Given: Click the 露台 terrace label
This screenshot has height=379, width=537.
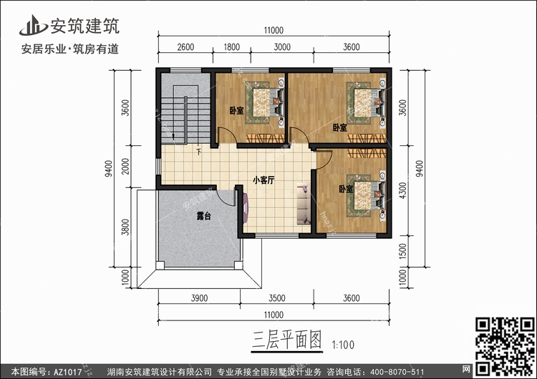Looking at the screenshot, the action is pos(203,216).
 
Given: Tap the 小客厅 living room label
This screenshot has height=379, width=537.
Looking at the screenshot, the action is pos(263,180).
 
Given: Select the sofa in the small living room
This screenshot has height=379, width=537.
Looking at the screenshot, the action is pos(304,205).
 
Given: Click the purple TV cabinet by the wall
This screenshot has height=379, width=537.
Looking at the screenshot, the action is pos(246,208).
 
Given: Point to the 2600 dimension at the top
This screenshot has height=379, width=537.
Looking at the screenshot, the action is pos(185,47).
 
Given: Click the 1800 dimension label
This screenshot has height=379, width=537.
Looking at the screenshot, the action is pos(231,47).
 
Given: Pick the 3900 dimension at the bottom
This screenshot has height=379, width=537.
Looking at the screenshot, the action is pos(199,298).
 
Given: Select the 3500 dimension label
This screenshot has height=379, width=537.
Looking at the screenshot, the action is pos(276,298).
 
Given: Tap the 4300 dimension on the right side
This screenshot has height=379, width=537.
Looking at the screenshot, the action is pos(402,190).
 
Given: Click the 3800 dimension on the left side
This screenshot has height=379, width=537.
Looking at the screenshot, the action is pos(126,227).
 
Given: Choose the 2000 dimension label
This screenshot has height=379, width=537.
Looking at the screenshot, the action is pos(126,166).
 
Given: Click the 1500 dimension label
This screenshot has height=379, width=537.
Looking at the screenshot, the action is pos(402,251).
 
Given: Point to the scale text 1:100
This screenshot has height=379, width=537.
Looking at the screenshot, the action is pos(343,345).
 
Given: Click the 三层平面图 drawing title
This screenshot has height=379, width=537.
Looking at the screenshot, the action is pos(287,340).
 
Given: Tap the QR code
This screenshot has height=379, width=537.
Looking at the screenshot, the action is pos(505,346).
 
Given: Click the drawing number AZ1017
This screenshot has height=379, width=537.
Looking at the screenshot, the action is pos(67,372).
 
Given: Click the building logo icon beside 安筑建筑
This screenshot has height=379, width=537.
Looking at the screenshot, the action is pos(33,26).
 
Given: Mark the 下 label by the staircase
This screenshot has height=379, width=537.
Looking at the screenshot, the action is pos(198,151).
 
